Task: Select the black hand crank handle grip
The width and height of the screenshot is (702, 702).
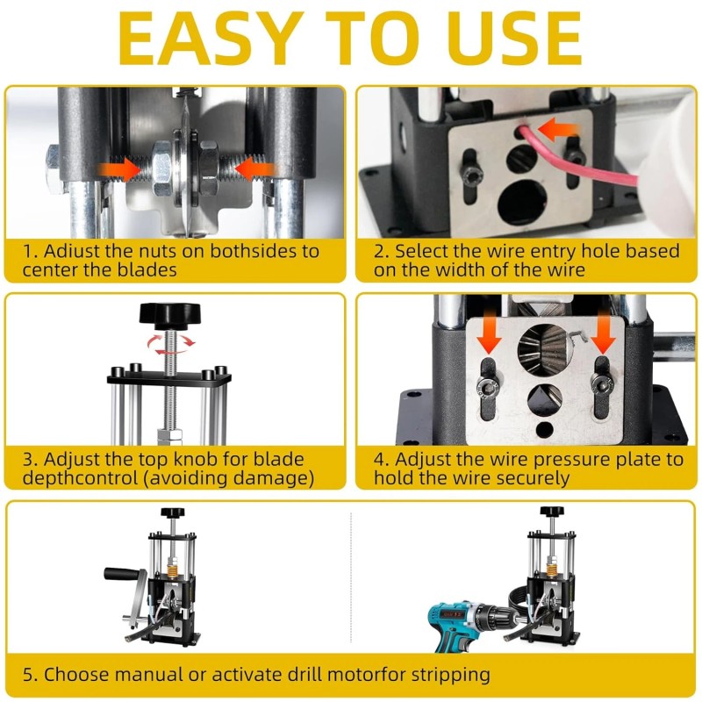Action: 121,574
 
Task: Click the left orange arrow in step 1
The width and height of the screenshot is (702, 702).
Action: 120,169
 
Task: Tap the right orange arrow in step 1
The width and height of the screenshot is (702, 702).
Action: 255,169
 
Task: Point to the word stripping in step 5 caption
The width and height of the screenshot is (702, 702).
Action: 450,675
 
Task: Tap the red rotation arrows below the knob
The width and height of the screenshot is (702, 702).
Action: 171,345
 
